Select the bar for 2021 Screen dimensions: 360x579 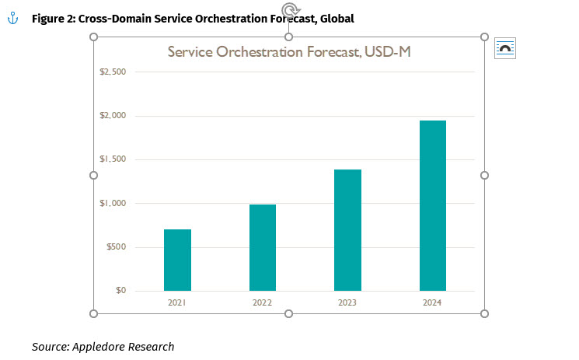(177, 260)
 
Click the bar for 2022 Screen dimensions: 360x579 (263, 247)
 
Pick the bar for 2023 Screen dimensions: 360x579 (347, 230)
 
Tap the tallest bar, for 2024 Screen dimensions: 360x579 (433, 205)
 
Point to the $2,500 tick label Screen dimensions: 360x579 (113, 72)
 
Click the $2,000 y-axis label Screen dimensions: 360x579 (113, 116)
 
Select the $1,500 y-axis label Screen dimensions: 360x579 (113, 159)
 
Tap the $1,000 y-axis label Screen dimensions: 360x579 (113, 204)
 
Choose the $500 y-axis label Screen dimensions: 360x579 (115, 247)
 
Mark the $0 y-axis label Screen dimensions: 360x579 (119, 291)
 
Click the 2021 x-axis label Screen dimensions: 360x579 (177, 302)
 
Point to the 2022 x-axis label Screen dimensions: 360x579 (263, 302)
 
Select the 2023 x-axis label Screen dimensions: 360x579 (347, 302)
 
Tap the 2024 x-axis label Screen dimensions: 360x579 (433, 302)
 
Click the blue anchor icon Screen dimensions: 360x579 (12, 17)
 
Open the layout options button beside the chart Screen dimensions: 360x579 (505, 48)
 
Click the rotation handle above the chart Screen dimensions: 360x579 (289, 10)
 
